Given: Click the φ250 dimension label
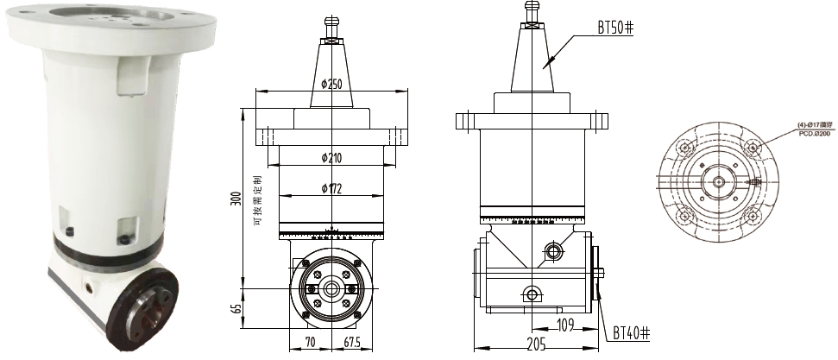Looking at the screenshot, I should (331, 84).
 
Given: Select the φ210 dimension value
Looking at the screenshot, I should (331, 157).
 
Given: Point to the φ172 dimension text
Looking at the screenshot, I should (331, 189).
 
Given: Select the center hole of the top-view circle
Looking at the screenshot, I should (718, 182).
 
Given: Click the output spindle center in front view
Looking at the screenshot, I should (331, 287).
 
